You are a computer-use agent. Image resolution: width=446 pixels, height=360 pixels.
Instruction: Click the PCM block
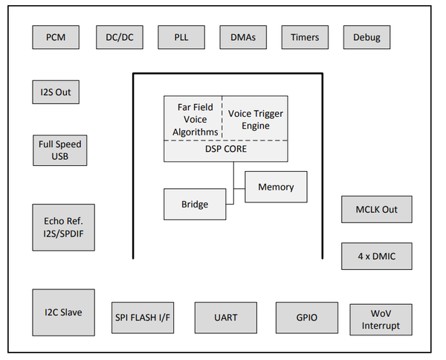(56, 37)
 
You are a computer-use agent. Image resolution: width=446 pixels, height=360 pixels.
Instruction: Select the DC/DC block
(119, 37)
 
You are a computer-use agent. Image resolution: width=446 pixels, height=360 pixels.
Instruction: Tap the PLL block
(181, 37)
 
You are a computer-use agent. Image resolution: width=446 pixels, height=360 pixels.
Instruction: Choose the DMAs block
(243, 37)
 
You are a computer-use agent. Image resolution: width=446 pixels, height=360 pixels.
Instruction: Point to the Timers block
(305, 37)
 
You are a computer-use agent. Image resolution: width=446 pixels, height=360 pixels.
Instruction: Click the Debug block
(366, 37)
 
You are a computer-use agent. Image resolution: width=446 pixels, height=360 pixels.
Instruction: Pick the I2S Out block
(56, 92)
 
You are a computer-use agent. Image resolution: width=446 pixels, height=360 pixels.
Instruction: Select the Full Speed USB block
(60, 150)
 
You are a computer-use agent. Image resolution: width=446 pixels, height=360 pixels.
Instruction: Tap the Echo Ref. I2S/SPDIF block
(63, 228)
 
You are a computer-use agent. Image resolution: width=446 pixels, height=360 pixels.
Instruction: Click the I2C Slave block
(63, 312)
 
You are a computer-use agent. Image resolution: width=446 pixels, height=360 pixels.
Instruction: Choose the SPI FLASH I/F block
(142, 318)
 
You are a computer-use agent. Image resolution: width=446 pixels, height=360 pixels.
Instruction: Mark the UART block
(225, 318)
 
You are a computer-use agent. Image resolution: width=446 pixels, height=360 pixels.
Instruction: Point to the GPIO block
(306, 318)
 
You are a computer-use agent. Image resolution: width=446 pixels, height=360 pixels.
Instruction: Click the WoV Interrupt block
(381, 319)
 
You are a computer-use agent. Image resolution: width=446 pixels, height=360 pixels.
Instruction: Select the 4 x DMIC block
(376, 256)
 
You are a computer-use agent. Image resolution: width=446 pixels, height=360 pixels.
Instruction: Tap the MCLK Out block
(376, 210)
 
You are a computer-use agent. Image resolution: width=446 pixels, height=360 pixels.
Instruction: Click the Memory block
(276, 187)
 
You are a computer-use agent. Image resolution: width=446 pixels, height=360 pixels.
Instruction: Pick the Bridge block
(195, 205)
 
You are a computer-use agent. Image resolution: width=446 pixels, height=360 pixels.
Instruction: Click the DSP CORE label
(226, 150)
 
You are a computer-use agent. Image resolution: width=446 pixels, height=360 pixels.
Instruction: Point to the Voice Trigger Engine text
(255, 120)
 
